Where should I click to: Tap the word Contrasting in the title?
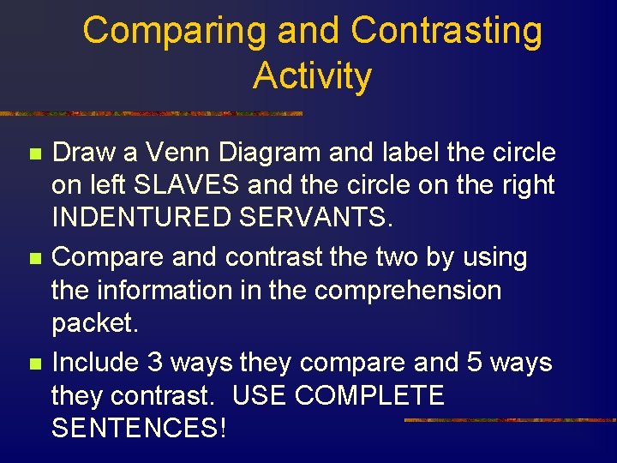[446, 32]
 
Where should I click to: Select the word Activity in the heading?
[312, 75]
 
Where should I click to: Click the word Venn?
[179, 153]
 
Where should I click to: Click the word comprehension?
[408, 291]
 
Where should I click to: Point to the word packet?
[93, 324]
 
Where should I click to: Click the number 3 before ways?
[155, 363]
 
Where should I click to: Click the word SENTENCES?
[140, 428]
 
